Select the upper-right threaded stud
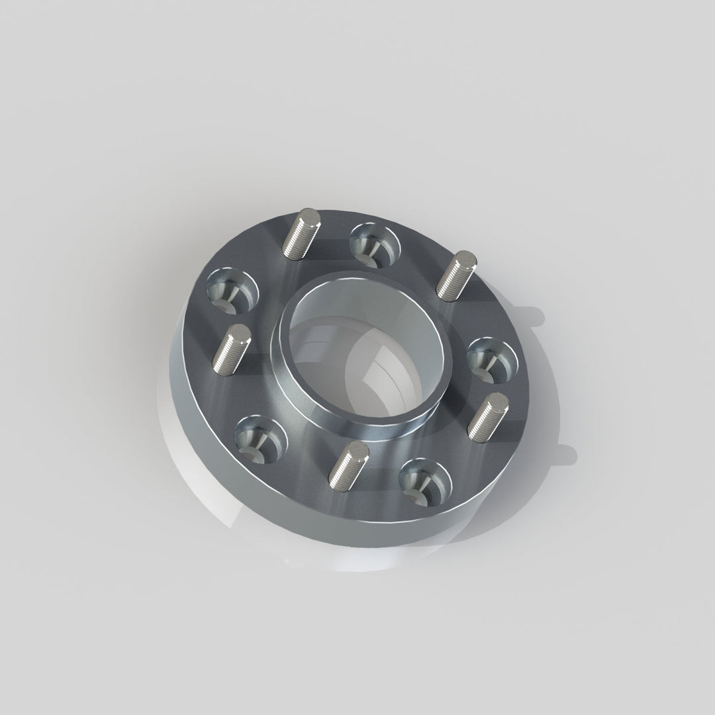point(457,276)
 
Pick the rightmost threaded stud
point(488,416)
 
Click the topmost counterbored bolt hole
point(374,243)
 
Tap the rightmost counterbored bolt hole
point(493,361)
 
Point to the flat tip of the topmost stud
point(308,215)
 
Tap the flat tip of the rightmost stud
point(499,400)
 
